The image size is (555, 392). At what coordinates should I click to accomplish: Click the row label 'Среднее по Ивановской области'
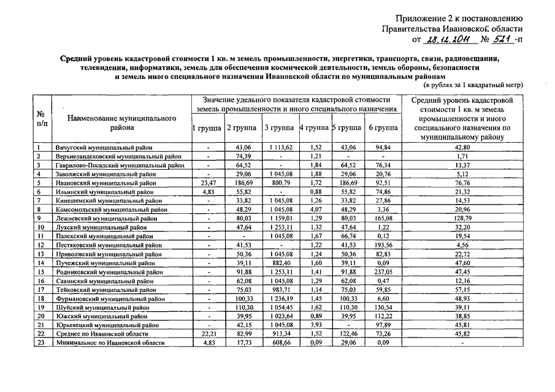click(101, 334)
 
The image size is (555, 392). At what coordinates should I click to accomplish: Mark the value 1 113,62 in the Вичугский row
click(280, 148)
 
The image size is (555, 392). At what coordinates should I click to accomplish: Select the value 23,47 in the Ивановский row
click(209, 183)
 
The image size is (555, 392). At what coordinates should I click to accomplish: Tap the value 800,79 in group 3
click(280, 183)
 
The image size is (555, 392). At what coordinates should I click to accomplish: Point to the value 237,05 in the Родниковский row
click(383, 272)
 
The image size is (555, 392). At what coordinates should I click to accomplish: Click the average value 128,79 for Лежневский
click(462, 219)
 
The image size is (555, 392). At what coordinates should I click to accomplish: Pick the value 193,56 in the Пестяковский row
click(383, 245)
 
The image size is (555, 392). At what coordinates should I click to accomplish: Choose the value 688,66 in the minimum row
click(280, 343)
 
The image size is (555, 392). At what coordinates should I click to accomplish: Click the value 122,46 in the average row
click(348, 334)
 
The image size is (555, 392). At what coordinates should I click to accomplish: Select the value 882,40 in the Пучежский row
click(280, 263)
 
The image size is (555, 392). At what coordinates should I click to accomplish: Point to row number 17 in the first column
click(40, 290)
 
